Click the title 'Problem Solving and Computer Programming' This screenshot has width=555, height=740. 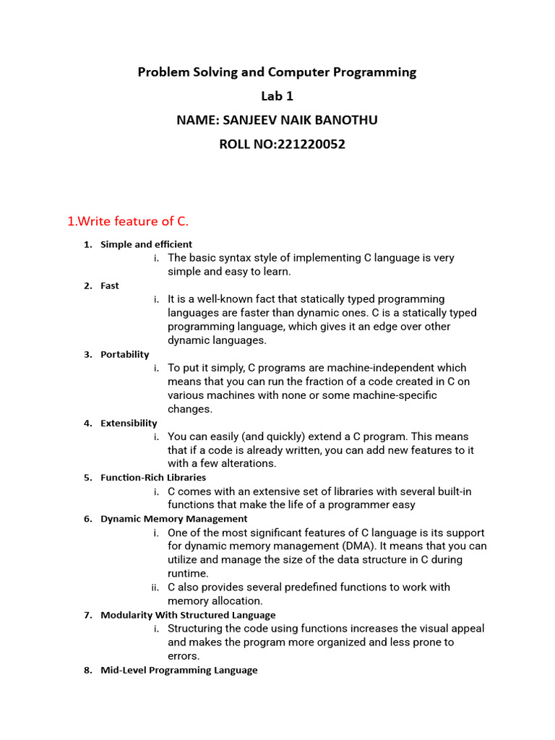coord(277,72)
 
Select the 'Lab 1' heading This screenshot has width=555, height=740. coord(277,96)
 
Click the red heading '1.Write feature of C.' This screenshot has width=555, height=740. coord(128,221)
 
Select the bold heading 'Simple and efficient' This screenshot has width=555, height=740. coord(146,244)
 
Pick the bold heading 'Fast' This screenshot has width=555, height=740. coord(110,285)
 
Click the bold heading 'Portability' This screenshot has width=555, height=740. coord(124,354)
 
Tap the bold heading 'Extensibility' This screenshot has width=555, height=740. coord(129,423)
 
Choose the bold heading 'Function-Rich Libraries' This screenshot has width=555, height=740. coord(153,477)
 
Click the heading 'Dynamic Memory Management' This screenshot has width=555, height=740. coord(173,518)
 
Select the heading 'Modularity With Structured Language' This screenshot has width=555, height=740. coord(188,615)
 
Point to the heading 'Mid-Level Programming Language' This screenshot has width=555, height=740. coord(178,670)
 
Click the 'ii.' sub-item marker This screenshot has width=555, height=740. coord(155,588)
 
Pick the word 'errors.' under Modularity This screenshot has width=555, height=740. coord(184,656)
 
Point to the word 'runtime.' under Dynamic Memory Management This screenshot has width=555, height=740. coord(188,573)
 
